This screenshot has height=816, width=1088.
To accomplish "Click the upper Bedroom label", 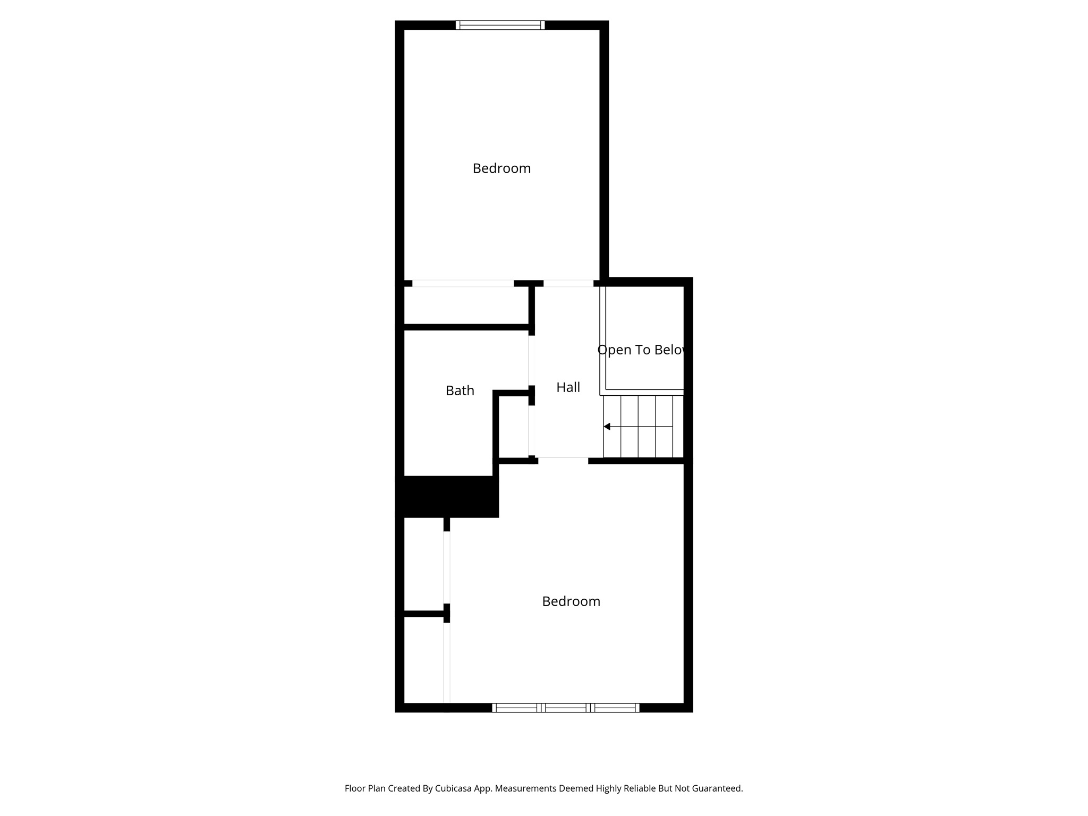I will [x=501, y=168].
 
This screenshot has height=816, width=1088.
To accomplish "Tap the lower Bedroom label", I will [x=571, y=601].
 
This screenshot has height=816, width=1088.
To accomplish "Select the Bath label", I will [x=460, y=390].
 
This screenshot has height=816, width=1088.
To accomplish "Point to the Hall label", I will [x=568, y=387].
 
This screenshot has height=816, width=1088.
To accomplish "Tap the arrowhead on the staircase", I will [x=607, y=427].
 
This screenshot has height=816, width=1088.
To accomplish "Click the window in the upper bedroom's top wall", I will [x=500, y=25].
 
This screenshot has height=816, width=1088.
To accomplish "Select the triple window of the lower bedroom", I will [x=566, y=708].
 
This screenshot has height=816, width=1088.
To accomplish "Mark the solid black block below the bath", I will [x=447, y=496].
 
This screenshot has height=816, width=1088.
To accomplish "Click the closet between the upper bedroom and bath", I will [x=466, y=305].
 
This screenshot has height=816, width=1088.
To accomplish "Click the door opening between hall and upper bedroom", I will [x=568, y=284].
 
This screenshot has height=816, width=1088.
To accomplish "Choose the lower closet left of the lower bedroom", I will [x=424, y=659].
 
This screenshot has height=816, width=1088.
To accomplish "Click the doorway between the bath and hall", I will [x=529, y=361].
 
